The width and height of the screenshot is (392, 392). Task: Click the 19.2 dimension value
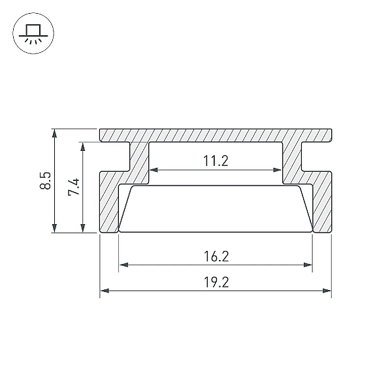[216, 282]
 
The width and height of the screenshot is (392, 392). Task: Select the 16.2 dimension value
[216, 257]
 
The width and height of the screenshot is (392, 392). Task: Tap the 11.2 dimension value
[216, 161]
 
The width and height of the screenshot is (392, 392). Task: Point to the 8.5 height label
[46, 180]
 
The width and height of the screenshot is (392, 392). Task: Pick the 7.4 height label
[74, 187]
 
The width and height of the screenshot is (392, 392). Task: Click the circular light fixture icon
[33, 33]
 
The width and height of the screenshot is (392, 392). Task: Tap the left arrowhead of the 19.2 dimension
[105, 291]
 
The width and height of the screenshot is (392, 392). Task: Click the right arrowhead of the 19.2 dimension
[327, 291]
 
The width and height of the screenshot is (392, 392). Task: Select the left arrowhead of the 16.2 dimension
[123, 265]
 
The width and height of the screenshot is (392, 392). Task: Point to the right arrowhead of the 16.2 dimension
[308, 265]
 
